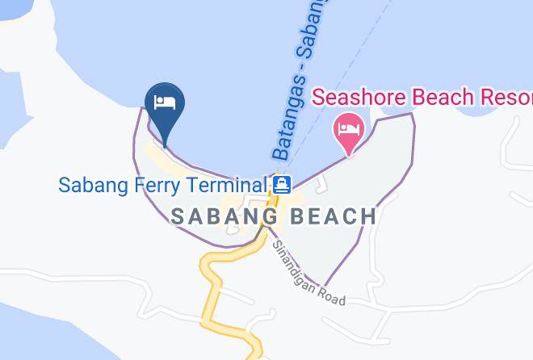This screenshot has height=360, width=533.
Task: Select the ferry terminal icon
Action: [281, 185]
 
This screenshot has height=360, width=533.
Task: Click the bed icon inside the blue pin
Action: [165, 103]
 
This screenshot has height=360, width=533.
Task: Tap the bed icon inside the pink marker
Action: [349, 127]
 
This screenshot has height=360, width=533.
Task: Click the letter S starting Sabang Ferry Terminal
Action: [65, 185]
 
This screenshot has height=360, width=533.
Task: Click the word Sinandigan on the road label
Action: [296, 264]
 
